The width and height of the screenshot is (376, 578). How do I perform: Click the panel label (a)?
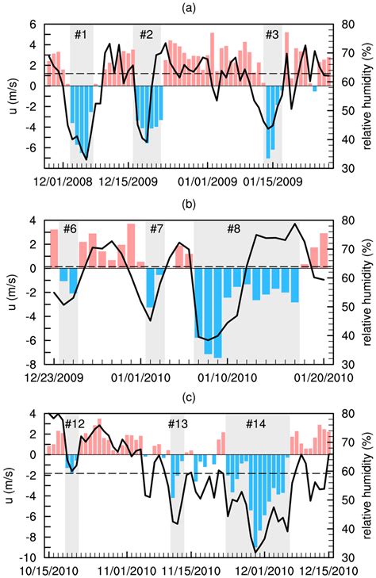click(x=188, y=9)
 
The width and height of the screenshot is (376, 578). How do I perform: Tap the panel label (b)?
click(x=188, y=203)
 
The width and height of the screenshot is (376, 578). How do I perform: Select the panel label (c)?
click(x=188, y=397)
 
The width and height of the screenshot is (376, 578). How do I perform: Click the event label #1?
click(x=82, y=35)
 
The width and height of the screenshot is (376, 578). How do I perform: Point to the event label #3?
click(x=272, y=35)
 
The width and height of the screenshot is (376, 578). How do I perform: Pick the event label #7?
click(x=155, y=229)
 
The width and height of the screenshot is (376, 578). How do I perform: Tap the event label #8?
click(x=234, y=229)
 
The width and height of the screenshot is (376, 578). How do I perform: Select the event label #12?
click(x=75, y=423)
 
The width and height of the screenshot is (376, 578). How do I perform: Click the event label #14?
click(x=255, y=423)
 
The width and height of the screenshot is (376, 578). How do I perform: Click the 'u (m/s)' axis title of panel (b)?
click(x=10, y=291)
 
